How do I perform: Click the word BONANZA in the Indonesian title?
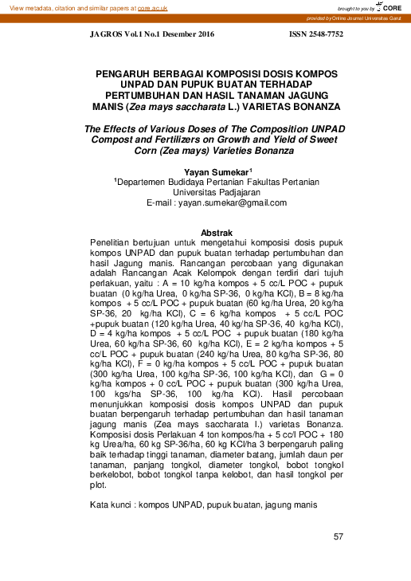pyautogui.click(x=314, y=105)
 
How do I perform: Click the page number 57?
pyautogui.click(x=338, y=536)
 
